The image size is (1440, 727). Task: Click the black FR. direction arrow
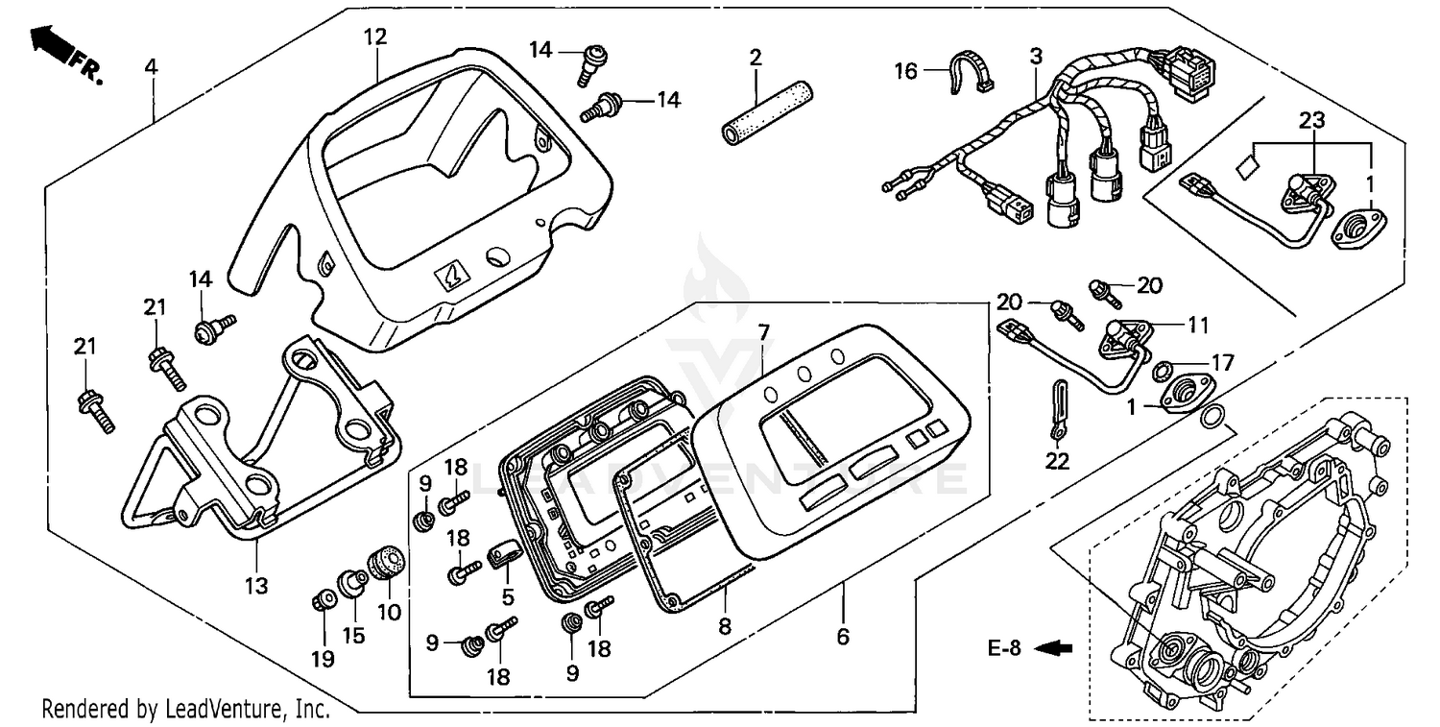(51, 42)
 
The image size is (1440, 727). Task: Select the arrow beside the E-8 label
(1055, 648)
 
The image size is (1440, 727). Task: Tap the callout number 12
(375, 37)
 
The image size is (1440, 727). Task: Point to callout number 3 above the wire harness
(1035, 57)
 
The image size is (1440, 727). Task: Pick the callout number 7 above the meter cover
(763, 333)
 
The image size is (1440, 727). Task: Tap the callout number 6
(843, 636)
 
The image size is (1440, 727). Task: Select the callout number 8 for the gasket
(725, 627)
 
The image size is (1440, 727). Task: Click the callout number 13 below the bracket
(257, 585)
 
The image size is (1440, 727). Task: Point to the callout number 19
(323, 659)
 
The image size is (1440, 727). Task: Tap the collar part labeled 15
(349, 581)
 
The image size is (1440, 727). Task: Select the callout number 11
(1198, 326)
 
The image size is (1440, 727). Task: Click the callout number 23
(1312, 120)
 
